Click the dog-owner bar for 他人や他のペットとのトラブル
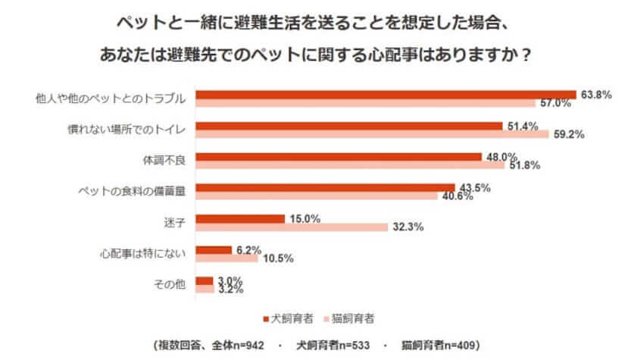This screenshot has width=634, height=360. click(386, 95)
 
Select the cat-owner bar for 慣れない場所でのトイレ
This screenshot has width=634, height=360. click(372, 135)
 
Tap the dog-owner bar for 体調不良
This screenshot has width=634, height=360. click(339, 157)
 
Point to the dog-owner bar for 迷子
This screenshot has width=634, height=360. click(240, 219)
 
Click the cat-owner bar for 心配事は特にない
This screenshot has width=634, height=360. click(226, 258)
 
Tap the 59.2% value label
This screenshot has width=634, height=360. click(567, 136)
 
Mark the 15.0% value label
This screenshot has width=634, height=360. click(305, 218)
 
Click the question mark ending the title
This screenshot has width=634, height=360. click(525, 57)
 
